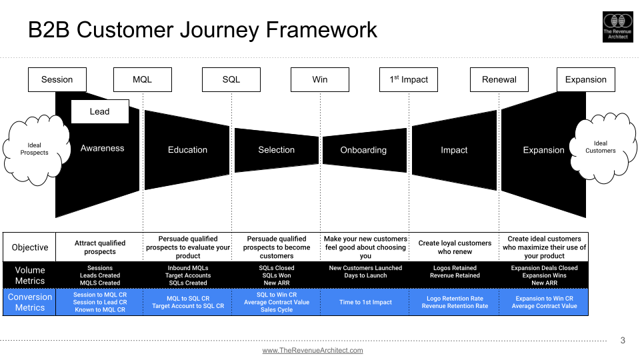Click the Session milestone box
click(57, 79)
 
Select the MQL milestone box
click(142, 79)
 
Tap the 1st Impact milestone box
click(409, 79)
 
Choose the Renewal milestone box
click(499, 79)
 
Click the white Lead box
click(99, 111)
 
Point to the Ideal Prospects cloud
click(34, 148)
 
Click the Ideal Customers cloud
click(600, 147)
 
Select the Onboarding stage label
click(363, 150)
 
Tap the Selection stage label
click(276, 150)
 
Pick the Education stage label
click(187, 150)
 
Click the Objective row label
click(30, 247)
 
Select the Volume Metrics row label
click(30, 275)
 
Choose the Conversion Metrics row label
click(30, 302)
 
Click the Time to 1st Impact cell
click(365, 302)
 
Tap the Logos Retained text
click(455, 268)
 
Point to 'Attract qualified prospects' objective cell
click(100, 247)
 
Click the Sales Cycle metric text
click(277, 310)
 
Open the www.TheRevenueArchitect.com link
click(313, 350)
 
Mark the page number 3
click(623, 341)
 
